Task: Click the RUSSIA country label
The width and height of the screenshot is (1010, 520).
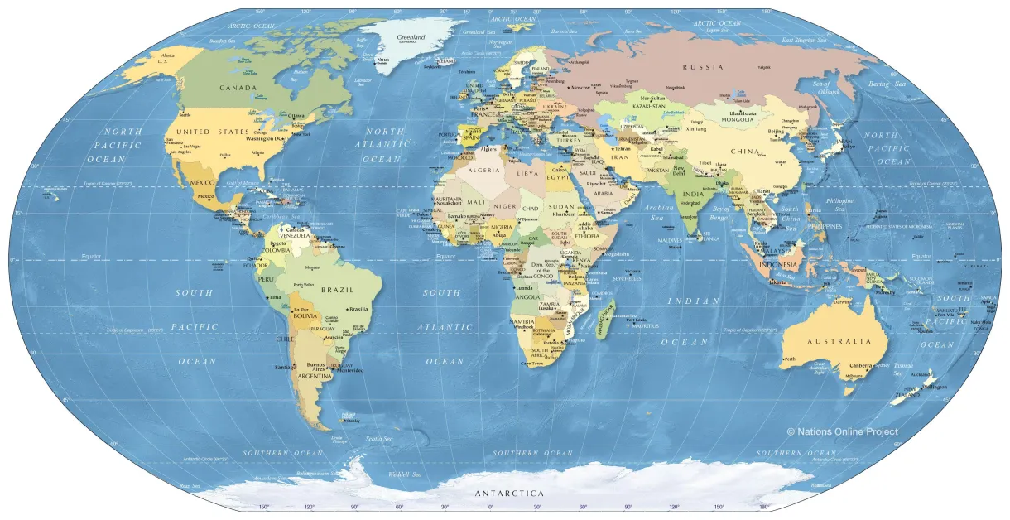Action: pyautogui.click(x=703, y=67)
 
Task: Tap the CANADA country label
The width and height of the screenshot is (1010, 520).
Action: pyautogui.click(x=238, y=88)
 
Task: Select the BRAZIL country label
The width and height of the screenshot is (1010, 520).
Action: pyautogui.click(x=337, y=290)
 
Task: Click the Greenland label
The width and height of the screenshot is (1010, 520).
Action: pyautogui.click(x=411, y=37)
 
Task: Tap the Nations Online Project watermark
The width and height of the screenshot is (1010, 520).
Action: pyautogui.click(x=842, y=431)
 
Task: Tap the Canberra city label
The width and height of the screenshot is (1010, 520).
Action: pyautogui.click(x=862, y=365)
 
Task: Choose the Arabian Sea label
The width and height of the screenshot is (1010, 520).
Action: pyautogui.click(x=659, y=213)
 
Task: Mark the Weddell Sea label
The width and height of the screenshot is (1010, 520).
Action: pyautogui.click(x=405, y=474)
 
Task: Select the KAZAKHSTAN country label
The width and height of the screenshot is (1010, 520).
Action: pyautogui.click(x=649, y=106)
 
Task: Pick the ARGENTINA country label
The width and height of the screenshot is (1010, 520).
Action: pyautogui.click(x=315, y=377)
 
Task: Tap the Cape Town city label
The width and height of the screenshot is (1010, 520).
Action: pyautogui.click(x=532, y=364)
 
